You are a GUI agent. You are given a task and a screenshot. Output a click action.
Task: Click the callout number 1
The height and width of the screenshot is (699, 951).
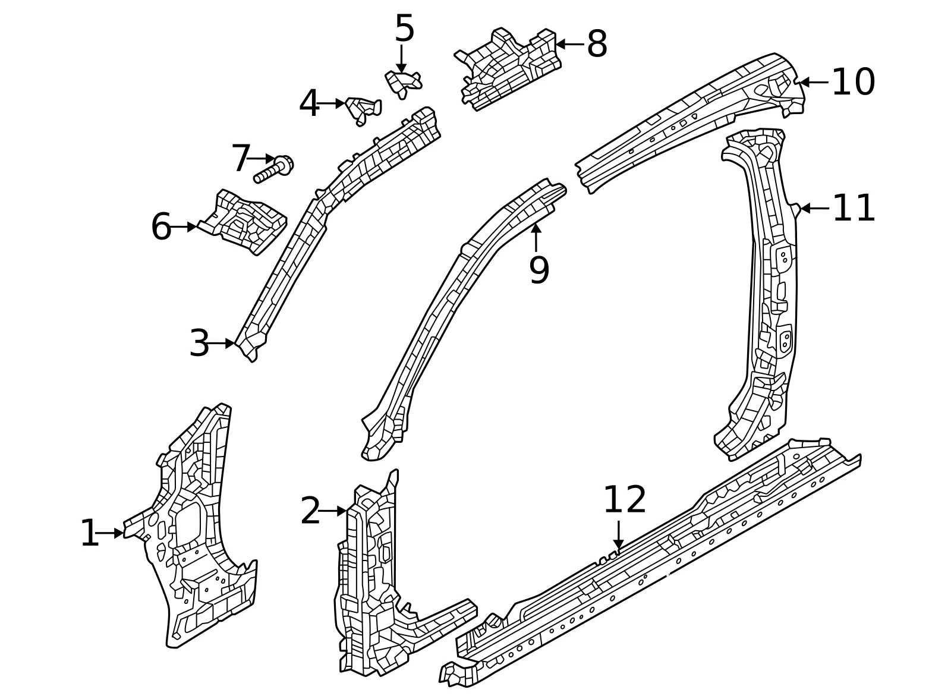tap(90, 533)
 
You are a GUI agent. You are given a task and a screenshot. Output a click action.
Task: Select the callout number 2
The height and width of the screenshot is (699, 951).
tap(310, 511)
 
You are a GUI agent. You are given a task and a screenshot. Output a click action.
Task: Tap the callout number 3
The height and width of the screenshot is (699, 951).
tap(199, 343)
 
